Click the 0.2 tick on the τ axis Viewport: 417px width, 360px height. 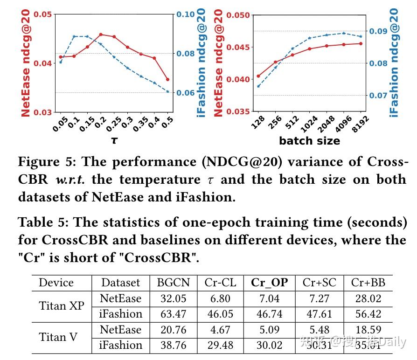coord(100,124)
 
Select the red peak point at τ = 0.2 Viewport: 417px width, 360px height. coord(101,35)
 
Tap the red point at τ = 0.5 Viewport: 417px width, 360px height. coord(167,79)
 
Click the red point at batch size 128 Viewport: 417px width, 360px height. coord(258,76)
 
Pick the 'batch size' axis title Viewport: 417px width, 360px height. coord(309,140)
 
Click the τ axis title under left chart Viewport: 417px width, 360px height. coord(114,140)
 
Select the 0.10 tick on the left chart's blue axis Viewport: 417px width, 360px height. coord(185,14)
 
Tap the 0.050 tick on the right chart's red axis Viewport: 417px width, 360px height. coord(238,15)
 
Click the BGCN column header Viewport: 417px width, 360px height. coord(174,282)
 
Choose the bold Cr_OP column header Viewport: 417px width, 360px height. coord(270,282)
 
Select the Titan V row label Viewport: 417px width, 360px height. coord(58,337)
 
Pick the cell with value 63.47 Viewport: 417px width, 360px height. coord(174,314)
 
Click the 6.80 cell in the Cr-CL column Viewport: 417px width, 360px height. coord(220,298)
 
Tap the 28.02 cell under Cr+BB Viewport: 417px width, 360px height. coord(368,298)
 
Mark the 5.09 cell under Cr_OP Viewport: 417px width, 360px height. coord(270,330)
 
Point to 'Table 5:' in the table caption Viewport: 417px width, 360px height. coord(43,222)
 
